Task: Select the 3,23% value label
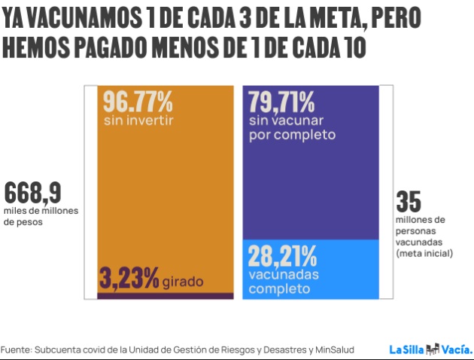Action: click(x=128, y=278)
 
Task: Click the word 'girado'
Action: click(x=181, y=282)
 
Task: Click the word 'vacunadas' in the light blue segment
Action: click(x=279, y=275)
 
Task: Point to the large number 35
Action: click(x=409, y=202)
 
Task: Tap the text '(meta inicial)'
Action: click(x=424, y=254)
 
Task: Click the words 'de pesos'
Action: click(x=24, y=222)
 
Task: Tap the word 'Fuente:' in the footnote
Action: click(x=17, y=349)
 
